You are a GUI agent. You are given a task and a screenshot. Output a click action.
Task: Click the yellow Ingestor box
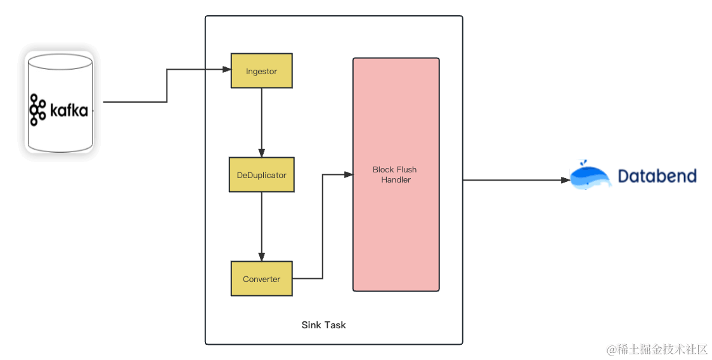261,71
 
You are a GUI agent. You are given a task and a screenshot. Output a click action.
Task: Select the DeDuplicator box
261,175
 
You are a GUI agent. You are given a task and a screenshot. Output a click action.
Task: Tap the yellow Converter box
261,279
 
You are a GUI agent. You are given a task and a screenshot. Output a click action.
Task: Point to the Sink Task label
323,325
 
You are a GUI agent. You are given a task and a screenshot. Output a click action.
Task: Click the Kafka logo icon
38,110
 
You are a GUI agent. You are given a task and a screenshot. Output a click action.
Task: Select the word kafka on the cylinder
68,110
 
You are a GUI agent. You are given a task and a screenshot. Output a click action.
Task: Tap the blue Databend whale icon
590,176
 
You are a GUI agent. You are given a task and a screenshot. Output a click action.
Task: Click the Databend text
657,176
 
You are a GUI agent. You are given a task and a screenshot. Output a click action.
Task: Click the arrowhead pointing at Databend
566,180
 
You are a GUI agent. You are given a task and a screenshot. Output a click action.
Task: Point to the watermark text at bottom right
656,349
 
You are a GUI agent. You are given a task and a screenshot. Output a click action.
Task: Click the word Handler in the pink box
396,180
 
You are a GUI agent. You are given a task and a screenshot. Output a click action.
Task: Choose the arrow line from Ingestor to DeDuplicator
262,120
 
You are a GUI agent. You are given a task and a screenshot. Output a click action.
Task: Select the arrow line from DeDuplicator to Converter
262,224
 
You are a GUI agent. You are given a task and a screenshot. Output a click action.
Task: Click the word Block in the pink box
383,170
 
